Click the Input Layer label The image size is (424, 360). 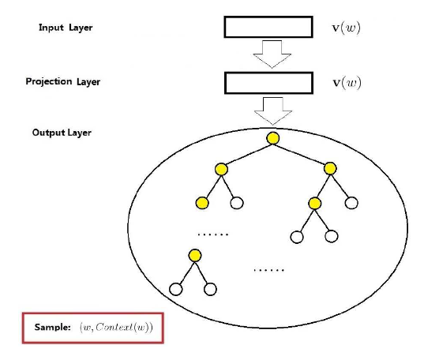(x=66, y=28)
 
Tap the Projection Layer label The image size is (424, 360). (x=62, y=81)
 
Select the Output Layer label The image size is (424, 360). (x=62, y=133)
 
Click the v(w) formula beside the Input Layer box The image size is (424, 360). (x=347, y=28)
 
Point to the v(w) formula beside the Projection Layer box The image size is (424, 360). (x=347, y=83)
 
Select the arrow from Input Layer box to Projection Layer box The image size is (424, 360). (x=272, y=54)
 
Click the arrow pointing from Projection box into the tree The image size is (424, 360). (x=273, y=111)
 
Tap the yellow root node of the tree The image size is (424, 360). (x=273, y=138)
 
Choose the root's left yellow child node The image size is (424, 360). (x=221, y=169)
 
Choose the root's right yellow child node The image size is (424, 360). (x=330, y=168)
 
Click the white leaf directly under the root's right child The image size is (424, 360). (x=351, y=203)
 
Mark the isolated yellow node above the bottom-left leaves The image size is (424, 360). (x=195, y=256)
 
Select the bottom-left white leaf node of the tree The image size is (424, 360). (x=176, y=289)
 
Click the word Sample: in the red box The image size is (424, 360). (x=52, y=328)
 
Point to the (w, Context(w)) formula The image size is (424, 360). (x=116, y=328)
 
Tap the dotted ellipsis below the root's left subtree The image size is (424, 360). (x=213, y=234)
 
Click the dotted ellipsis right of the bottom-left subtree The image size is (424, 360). (x=268, y=270)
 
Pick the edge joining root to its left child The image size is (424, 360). (x=247, y=154)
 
